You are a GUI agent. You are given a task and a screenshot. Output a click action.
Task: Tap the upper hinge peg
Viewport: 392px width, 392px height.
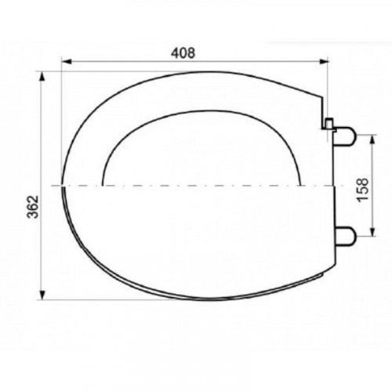347,139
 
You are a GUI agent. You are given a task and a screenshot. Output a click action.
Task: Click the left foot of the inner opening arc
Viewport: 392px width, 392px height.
103,184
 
